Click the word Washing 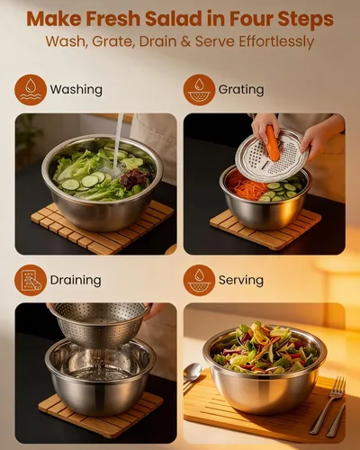tap(76, 90)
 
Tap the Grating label tap(241, 90)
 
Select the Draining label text tap(76, 280)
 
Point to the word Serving tap(241, 280)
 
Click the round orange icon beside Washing tap(31, 90)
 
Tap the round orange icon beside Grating tap(199, 90)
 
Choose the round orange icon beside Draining tap(31, 280)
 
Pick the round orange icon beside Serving tap(199, 280)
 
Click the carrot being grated tap(273, 143)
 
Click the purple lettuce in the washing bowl tap(133, 179)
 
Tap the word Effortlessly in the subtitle tap(276, 41)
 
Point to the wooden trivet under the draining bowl tap(101, 411)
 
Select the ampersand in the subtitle tap(186, 41)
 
